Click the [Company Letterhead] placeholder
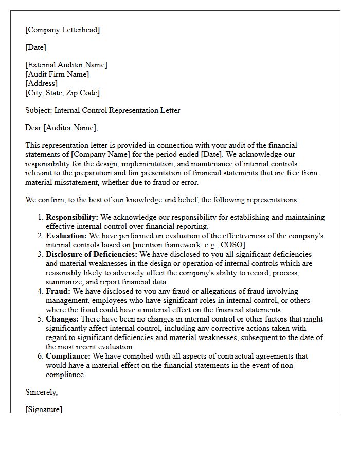(x=63, y=30)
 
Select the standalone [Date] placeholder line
(x=35, y=47)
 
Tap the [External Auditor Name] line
(x=66, y=65)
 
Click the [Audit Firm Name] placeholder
(x=57, y=74)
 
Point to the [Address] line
(x=42, y=83)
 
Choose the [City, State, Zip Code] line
(x=63, y=93)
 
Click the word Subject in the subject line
(x=39, y=110)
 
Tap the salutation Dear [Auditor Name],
(x=61, y=128)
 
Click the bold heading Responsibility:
(x=71, y=217)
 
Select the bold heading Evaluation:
(x=66, y=236)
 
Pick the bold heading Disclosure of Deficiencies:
(x=92, y=254)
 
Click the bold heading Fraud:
(x=58, y=291)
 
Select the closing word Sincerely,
(x=42, y=392)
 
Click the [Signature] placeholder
(x=44, y=409)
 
